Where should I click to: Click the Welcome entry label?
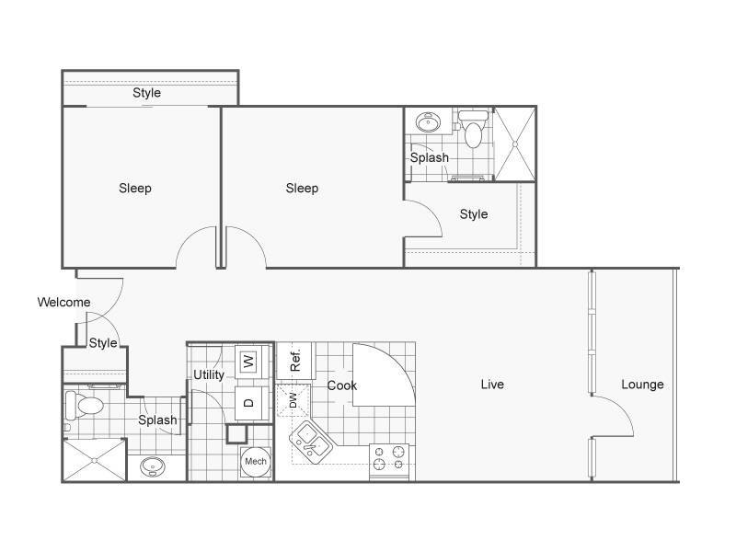[x=63, y=302]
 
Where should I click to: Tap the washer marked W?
[x=248, y=362]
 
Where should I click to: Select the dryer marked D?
[x=248, y=403]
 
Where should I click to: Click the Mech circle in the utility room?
[x=256, y=462]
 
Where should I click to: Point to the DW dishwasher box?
[x=293, y=400]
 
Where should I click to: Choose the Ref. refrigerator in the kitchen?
[x=295, y=361]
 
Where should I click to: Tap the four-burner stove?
[x=389, y=459]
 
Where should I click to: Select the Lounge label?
[x=642, y=385]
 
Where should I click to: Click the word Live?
[x=492, y=385]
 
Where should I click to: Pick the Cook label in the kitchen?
[x=341, y=385]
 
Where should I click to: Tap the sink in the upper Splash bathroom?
[x=428, y=122]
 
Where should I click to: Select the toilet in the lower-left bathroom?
[x=85, y=406]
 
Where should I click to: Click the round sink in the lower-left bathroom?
[x=153, y=466]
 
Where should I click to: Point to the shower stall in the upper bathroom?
[x=515, y=144]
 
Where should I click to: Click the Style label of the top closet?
[x=146, y=93]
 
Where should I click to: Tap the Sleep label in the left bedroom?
[x=135, y=189]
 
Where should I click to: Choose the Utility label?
[x=209, y=374]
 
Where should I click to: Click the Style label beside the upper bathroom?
[x=474, y=214]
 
